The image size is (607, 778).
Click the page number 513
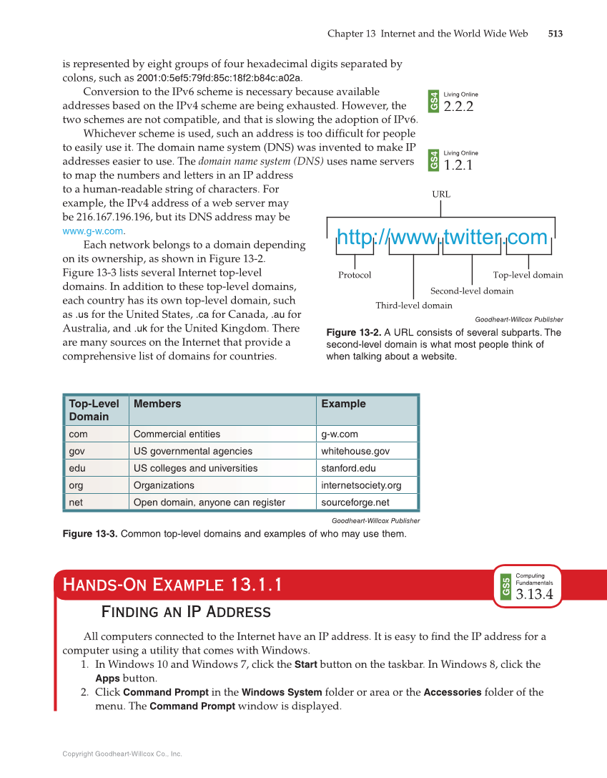pos(555,34)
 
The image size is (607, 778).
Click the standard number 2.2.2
pos(458,107)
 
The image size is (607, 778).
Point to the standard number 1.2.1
pos(458,166)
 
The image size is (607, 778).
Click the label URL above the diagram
pos(440,194)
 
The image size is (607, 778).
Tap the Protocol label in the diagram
pos(355,275)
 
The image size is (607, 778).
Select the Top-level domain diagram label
pos(528,275)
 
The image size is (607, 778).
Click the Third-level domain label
pos(413,306)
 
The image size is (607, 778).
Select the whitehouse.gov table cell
pos(355,451)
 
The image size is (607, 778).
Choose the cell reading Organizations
pos(163,485)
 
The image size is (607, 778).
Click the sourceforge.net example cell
pos(355,502)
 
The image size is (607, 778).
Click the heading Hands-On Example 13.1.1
pos(172,585)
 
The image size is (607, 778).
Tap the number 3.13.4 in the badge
pos(534,595)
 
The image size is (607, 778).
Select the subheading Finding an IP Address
pos(186,612)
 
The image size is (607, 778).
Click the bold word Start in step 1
pos(305,664)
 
